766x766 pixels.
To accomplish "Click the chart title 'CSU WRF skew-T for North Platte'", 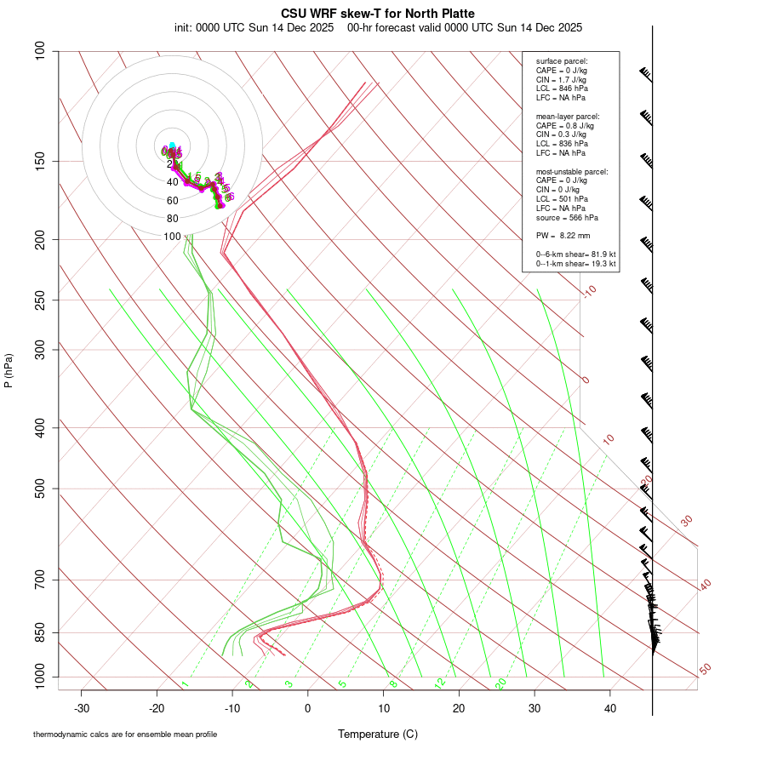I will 378,14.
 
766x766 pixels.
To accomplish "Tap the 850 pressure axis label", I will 41,632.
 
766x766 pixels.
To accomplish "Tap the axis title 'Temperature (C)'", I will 378,734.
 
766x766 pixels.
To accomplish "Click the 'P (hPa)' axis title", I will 9,370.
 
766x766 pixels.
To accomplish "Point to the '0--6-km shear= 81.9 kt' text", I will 575,254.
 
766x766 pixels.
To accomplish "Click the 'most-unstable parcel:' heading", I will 572,171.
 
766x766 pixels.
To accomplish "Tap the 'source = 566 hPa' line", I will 566,217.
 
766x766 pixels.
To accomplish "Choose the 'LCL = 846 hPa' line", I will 562,89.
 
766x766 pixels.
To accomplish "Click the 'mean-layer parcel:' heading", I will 568,116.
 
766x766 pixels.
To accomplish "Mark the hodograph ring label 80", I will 172,219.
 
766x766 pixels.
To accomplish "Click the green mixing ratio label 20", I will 500,683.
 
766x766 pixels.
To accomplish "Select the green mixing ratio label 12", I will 440,683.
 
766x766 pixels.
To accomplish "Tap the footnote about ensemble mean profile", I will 125,735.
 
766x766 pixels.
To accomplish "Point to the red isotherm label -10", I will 589,291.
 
